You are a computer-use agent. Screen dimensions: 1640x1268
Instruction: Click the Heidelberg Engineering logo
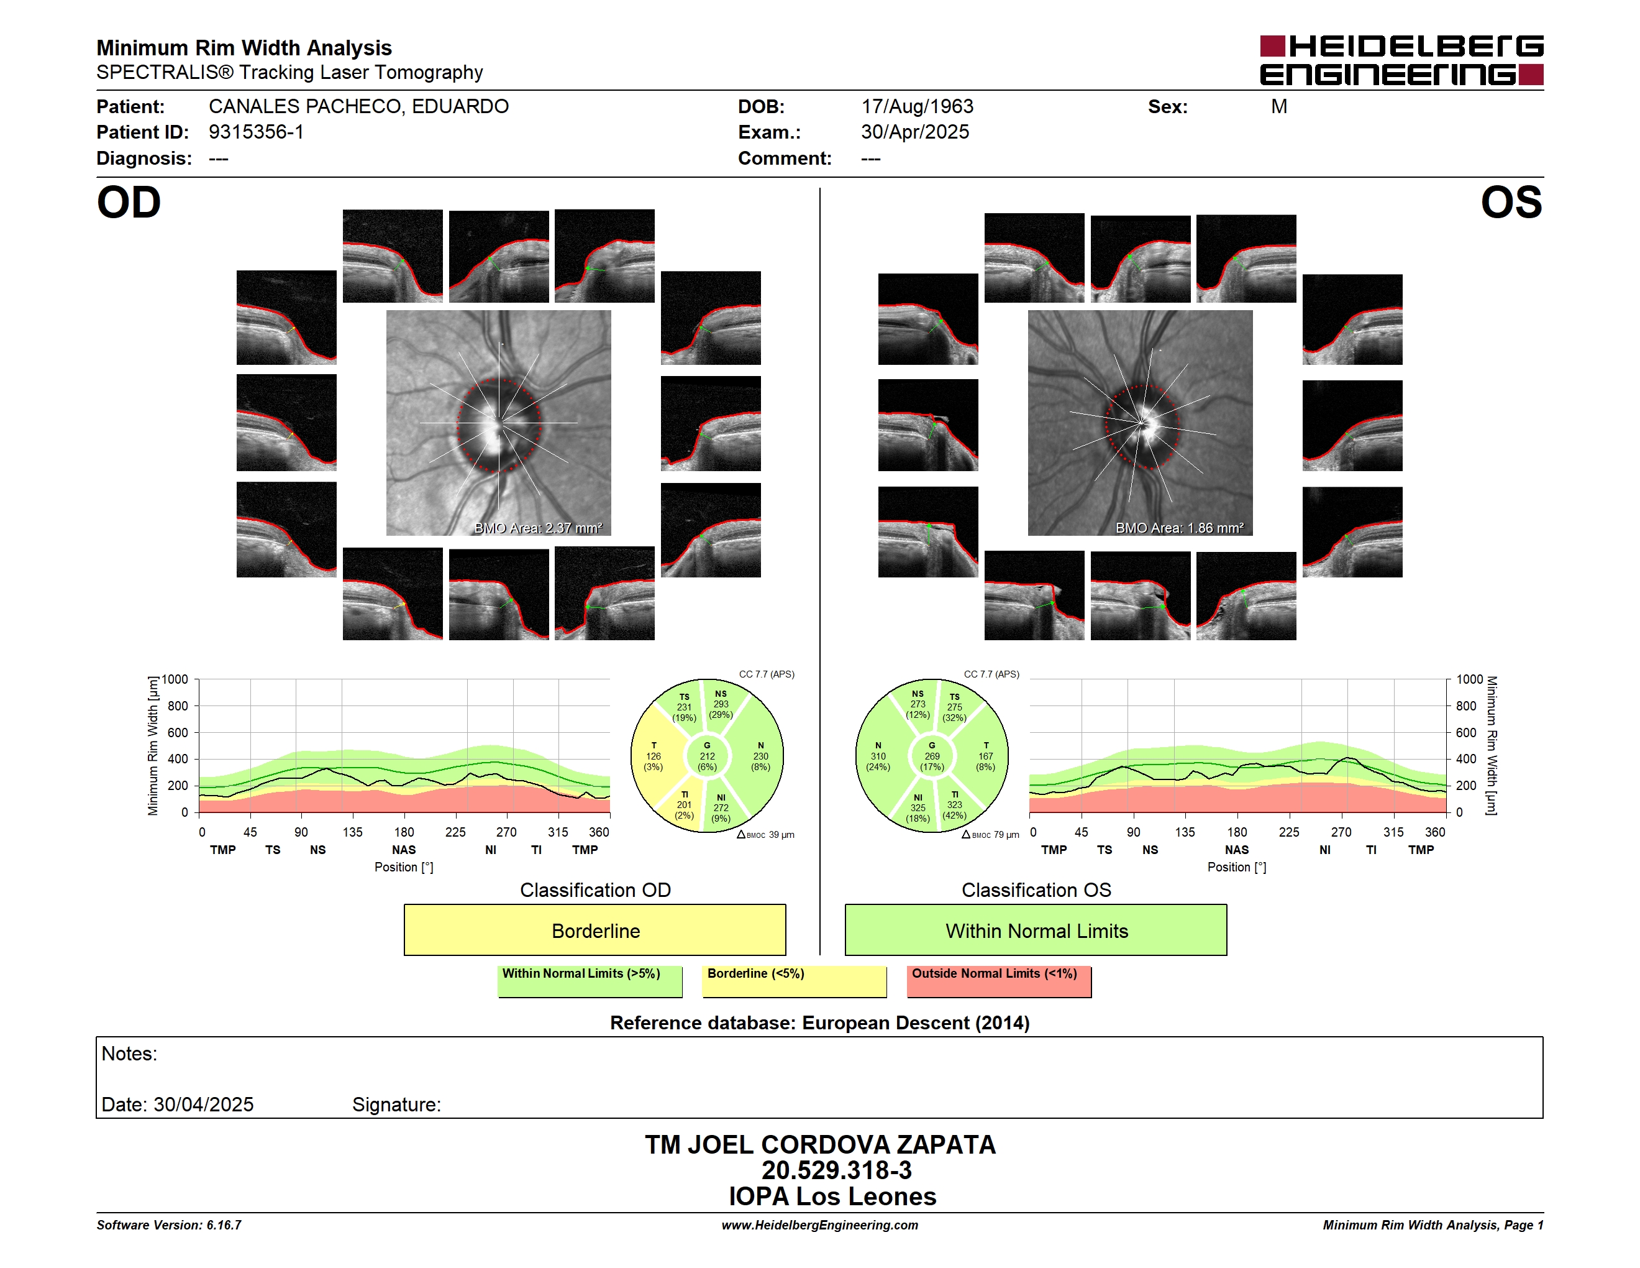click(x=1401, y=60)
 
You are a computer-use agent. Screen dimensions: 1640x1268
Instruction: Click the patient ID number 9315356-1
click(x=256, y=132)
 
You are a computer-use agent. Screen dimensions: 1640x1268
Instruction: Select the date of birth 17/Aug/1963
click(x=917, y=107)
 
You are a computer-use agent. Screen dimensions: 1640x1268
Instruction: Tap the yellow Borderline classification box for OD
click(x=594, y=930)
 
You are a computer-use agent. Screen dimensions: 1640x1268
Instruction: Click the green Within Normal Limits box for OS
click(x=1036, y=930)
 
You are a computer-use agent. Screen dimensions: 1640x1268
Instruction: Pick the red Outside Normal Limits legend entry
click(x=999, y=981)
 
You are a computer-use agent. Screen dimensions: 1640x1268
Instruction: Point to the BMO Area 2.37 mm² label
click(x=539, y=528)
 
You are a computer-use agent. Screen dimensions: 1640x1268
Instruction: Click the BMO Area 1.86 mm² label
click(x=1180, y=528)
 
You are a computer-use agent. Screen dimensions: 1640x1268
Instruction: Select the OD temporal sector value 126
click(x=654, y=756)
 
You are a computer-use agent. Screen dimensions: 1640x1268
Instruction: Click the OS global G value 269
click(x=932, y=756)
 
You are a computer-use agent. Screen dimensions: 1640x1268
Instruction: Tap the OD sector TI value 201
click(x=684, y=804)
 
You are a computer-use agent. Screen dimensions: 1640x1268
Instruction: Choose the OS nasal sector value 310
click(x=878, y=756)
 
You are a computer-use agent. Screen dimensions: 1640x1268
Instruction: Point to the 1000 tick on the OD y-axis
click(x=175, y=679)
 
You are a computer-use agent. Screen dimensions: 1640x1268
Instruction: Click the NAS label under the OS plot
click(x=1237, y=850)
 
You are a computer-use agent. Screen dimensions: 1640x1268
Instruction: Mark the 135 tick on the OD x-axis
click(x=352, y=832)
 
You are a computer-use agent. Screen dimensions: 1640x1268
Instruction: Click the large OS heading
click(x=1511, y=203)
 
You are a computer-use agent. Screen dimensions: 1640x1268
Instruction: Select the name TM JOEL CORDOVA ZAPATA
click(x=820, y=1144)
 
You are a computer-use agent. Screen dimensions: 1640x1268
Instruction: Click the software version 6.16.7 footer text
click(x=169, y=1224)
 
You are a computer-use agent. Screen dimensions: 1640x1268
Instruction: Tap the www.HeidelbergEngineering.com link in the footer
click(x=820, y=1224)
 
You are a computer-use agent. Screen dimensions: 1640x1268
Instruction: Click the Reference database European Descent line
click(x=819, y=1022)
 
